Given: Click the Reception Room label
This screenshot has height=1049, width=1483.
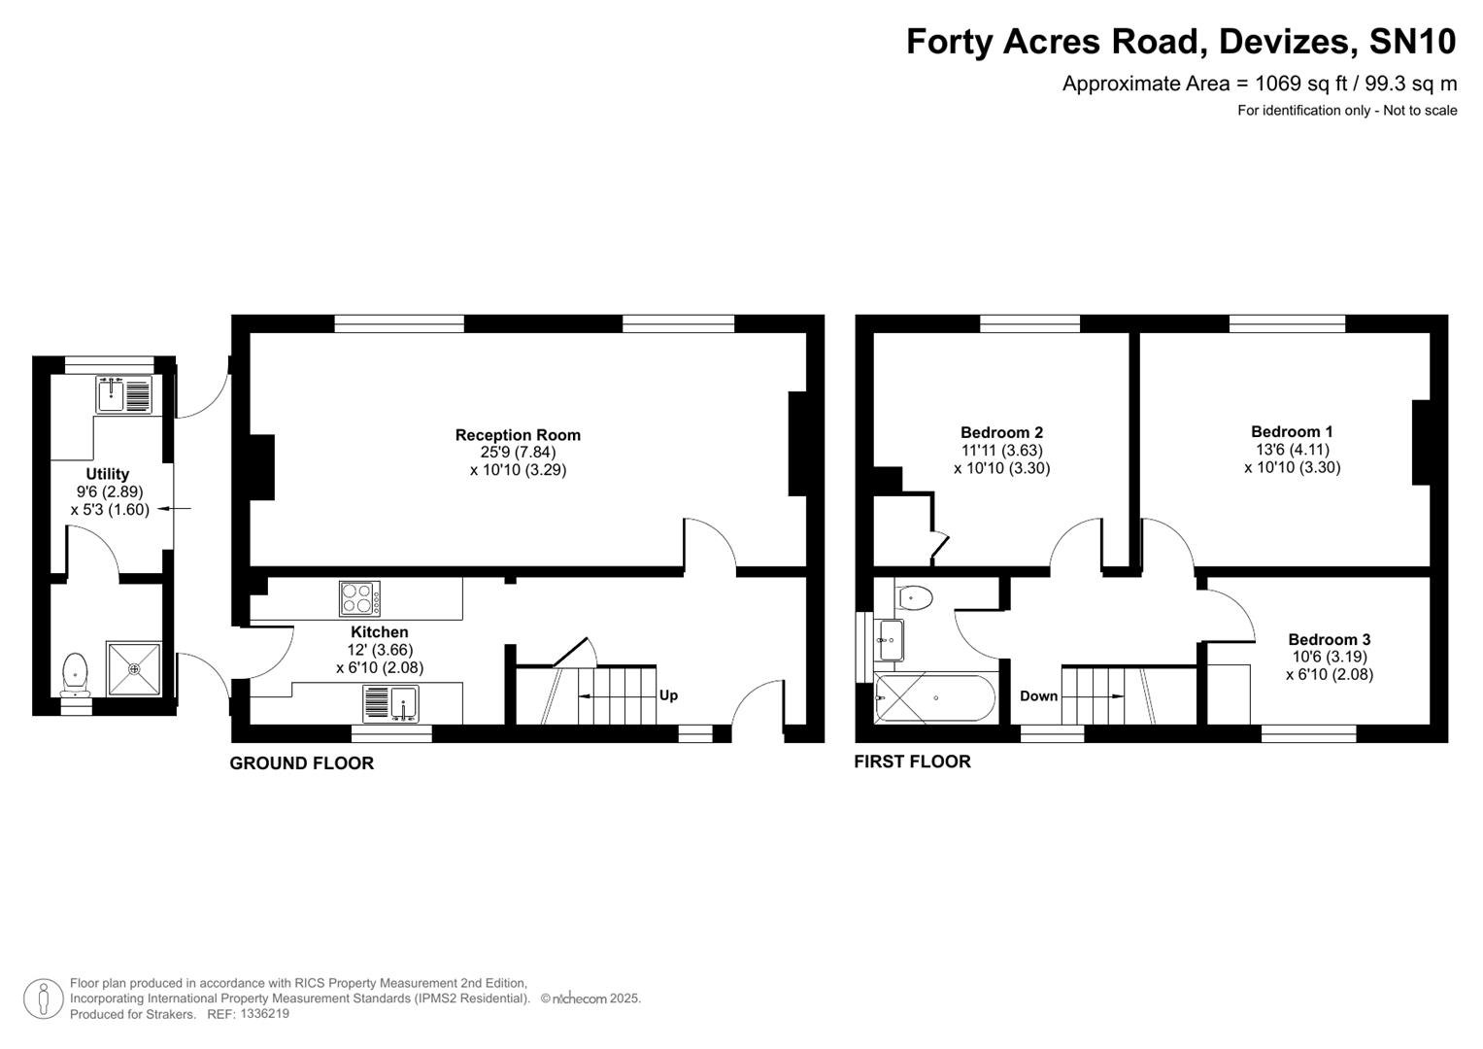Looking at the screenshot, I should pos(518,435).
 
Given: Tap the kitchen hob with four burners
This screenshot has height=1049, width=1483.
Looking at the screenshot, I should pos(359,598).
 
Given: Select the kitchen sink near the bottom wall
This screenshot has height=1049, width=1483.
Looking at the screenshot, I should pos(390,703).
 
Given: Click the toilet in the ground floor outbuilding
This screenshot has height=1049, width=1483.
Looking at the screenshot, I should pos(75,673).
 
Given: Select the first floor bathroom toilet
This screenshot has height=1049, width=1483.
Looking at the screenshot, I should pos(914,597).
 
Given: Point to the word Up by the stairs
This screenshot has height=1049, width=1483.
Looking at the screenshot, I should pos(668,695).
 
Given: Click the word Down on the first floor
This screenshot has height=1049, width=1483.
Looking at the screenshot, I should pos(1038,695).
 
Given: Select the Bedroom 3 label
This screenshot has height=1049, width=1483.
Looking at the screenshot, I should pos(1329,639).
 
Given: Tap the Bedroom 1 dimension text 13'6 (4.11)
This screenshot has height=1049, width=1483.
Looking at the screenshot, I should pos(1292,450).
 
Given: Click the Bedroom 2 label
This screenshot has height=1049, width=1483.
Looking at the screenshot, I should pos(1001,432).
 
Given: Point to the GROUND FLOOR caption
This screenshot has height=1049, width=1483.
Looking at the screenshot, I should pos(301,763).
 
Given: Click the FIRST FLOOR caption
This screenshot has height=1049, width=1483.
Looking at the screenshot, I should pos(912,761).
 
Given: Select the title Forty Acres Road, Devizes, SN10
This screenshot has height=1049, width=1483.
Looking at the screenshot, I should pos(1180,42).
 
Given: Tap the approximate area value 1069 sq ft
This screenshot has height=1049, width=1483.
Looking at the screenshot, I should pos(1300,84).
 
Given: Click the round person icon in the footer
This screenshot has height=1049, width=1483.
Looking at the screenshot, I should pos(43,998).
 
